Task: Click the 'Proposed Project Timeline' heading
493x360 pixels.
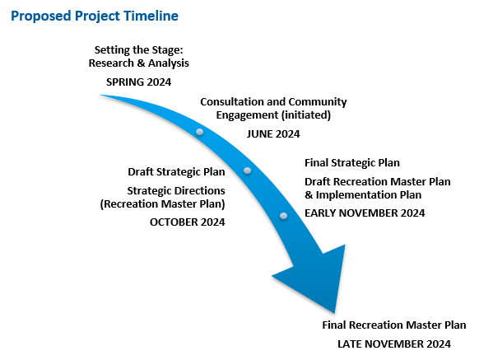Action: pyautogui.click(x=95, y=16)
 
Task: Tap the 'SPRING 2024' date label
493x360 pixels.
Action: pyautogui.click(x=138, y=82)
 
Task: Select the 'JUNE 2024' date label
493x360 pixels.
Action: pyautogui.click(x=273, y=134)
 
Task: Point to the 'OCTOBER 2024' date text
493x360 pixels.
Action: pyautogui.click(x=188, y=222)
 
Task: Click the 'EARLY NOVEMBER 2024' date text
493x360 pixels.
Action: pyautogui.click(x=365, y=213)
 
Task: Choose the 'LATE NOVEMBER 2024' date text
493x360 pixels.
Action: pyautogui.click(x=394, y=344)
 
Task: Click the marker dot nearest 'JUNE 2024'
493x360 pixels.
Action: pyautogui.click(x=200, y=132)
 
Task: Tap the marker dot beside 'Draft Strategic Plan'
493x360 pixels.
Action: pyautogui.click(x=248, y=171)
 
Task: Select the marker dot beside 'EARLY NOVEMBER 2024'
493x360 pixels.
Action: pyautogui.click(x=284, y=216)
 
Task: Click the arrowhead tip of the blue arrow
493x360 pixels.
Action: pyautogui.click(x=334, y=313)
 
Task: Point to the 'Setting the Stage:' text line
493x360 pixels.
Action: pyautogui.click(x=138, y=50)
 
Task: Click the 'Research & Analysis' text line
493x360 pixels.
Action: pyautogui.click(x=138, y=63)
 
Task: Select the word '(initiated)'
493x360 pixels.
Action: pyautogui.click(x=306, y=115)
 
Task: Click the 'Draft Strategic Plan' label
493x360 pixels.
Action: pyautogui.click(x=176, y=172)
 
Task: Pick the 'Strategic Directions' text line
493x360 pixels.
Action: pyautogui.click(x=176, y=191)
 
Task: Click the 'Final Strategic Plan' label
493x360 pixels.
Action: pyautogui.click(x=352, y=163)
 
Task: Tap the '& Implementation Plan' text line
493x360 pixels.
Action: pyautogui.click(x=363, y=195)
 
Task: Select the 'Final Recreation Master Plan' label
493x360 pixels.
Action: pyautogui.click(x=394, y=325)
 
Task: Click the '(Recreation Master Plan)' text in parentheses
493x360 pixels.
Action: pyautogui.click(x=163, y=204)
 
